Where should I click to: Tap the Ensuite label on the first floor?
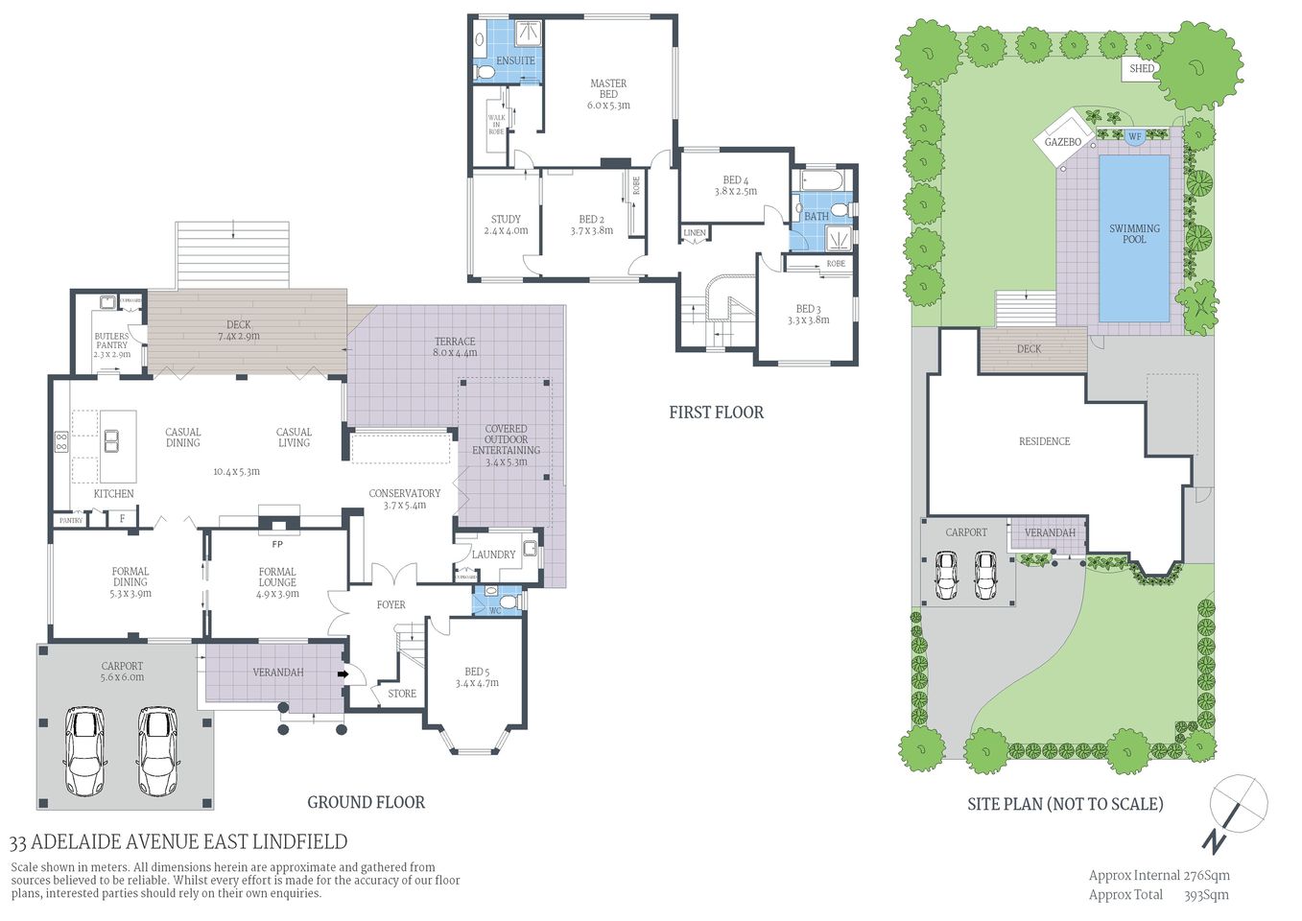coord(515,60)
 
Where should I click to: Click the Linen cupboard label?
coord(695,233)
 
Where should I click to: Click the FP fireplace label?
coord(277,544)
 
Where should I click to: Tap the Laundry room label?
coord(493,555)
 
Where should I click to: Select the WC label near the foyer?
coord(495,610)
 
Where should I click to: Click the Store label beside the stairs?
coord(402,694)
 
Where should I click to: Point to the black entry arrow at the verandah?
coord(342,674)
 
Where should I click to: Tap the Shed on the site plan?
coord(1142,68)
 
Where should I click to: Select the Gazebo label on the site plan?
coord(1062,142)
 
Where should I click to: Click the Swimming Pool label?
coord(1134,234)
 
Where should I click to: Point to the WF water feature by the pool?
coord(1134,137)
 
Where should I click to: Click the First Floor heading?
coord(716,413)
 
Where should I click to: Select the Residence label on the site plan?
coord(1044,441)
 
